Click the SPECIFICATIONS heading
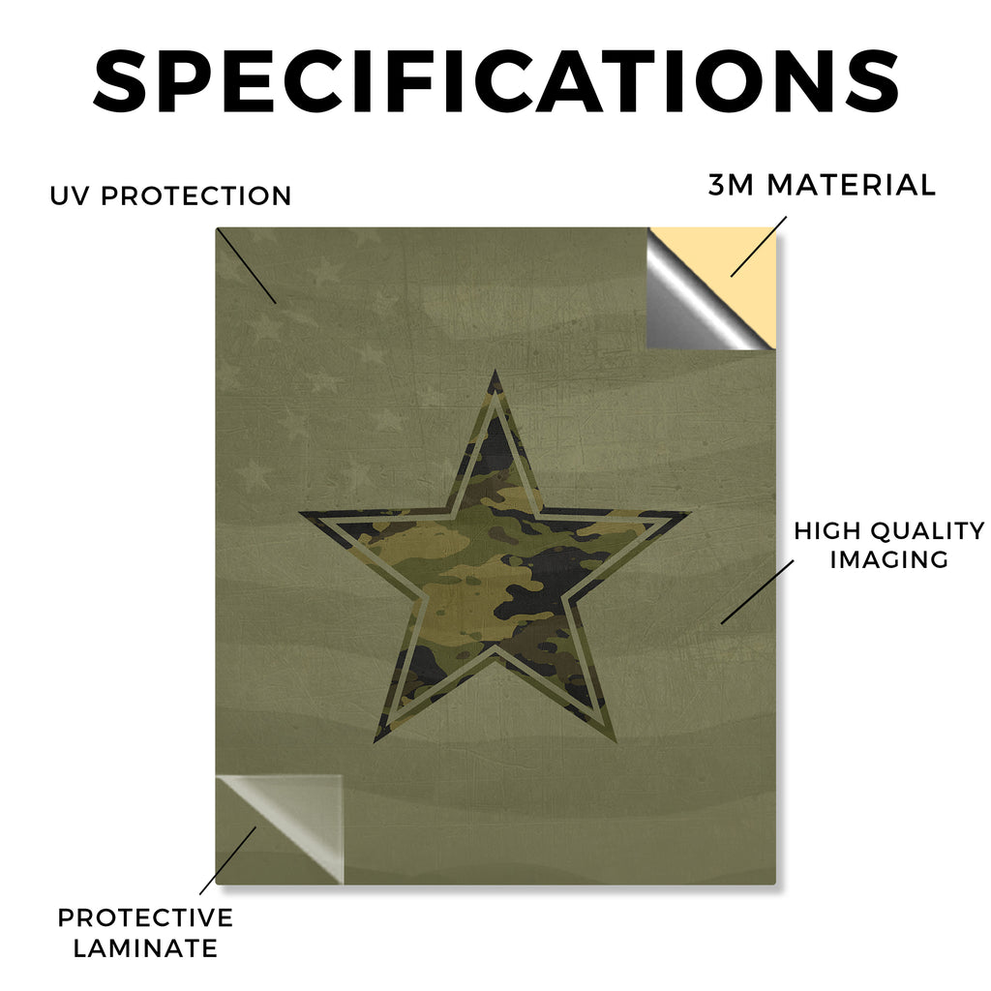(x=496, y=81)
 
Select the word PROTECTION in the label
(x=195, y=195)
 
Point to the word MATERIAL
(x=851, y=185)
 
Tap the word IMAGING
(x=889, y=559)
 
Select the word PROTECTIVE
(x=145, y=917)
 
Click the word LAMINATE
(x=145, y=948)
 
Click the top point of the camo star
(x=495, y=371)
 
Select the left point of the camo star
(x=300, y=512)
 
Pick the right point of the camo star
(x=690, y=512)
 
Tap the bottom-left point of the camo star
(x=375, y=740)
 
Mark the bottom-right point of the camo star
(x=615, y=739)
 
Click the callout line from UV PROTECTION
(x=247, y=266)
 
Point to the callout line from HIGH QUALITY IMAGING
(x=757, y=592)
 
